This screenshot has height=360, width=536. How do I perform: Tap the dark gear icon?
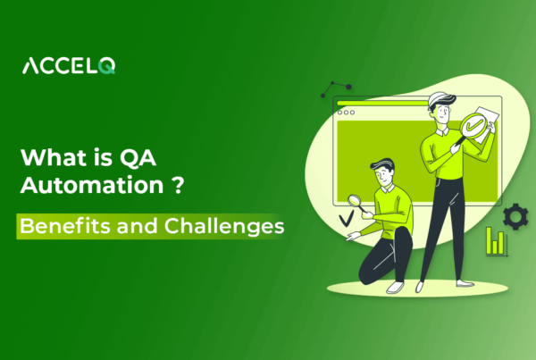click(x=515, y=215)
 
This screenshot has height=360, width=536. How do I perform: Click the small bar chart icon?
click(x=497, y=240)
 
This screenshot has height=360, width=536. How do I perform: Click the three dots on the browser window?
click(x=345, y=113)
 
